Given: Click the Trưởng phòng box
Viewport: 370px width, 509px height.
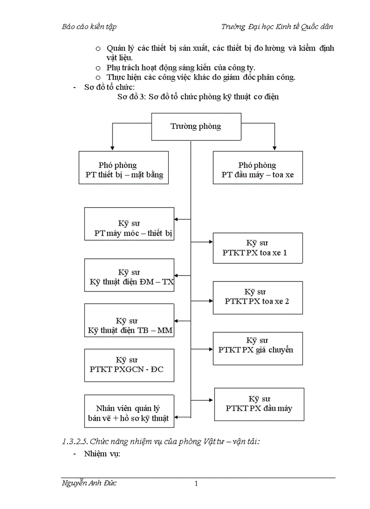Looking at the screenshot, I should click(196, 126).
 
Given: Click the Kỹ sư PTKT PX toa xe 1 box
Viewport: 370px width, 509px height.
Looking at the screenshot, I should click(258, 248).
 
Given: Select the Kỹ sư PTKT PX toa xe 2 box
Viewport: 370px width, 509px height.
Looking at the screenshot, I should click(258, 297).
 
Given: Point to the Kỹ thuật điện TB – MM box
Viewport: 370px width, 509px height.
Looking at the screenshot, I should click(129, 320).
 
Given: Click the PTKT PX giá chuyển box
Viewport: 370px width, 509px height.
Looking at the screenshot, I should click(258, 348).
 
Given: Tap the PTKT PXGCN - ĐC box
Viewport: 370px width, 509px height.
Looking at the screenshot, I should click(129, 365).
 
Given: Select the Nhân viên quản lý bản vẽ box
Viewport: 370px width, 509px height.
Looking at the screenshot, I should click(129, 411).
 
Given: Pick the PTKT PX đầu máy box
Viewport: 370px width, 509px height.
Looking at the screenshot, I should click(259, 404).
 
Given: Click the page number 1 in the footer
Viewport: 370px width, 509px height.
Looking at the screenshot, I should click(196, 484).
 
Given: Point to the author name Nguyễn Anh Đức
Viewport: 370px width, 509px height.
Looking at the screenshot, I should click(89, 483).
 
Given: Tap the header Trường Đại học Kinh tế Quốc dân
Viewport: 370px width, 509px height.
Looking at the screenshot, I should click(277, 27).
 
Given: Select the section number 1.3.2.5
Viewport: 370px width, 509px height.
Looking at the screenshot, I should click(75, 441).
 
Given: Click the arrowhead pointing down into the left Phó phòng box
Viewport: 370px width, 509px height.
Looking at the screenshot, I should click(112, 148).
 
